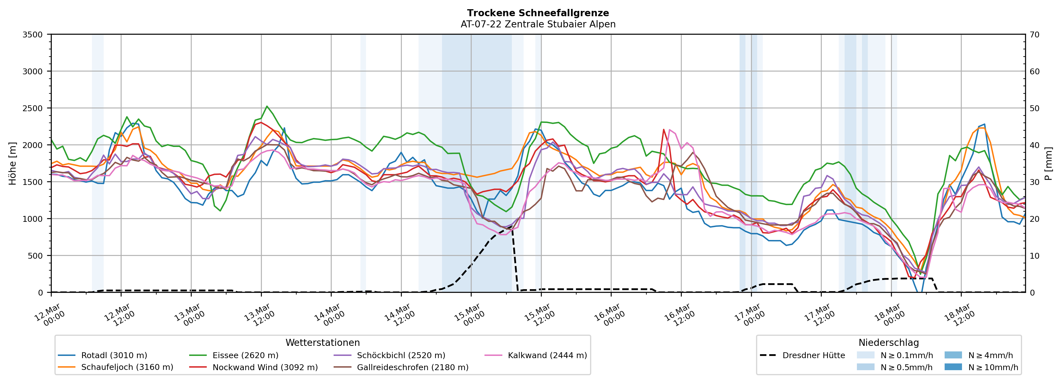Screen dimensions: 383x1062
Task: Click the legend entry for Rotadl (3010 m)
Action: [114, 355]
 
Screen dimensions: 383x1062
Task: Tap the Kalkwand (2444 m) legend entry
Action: [547, 355]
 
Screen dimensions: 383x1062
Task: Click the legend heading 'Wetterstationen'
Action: [322, 342]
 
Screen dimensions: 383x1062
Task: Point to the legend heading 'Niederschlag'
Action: [888, 342]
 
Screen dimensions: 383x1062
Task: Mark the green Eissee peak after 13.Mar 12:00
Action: [267, 106]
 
